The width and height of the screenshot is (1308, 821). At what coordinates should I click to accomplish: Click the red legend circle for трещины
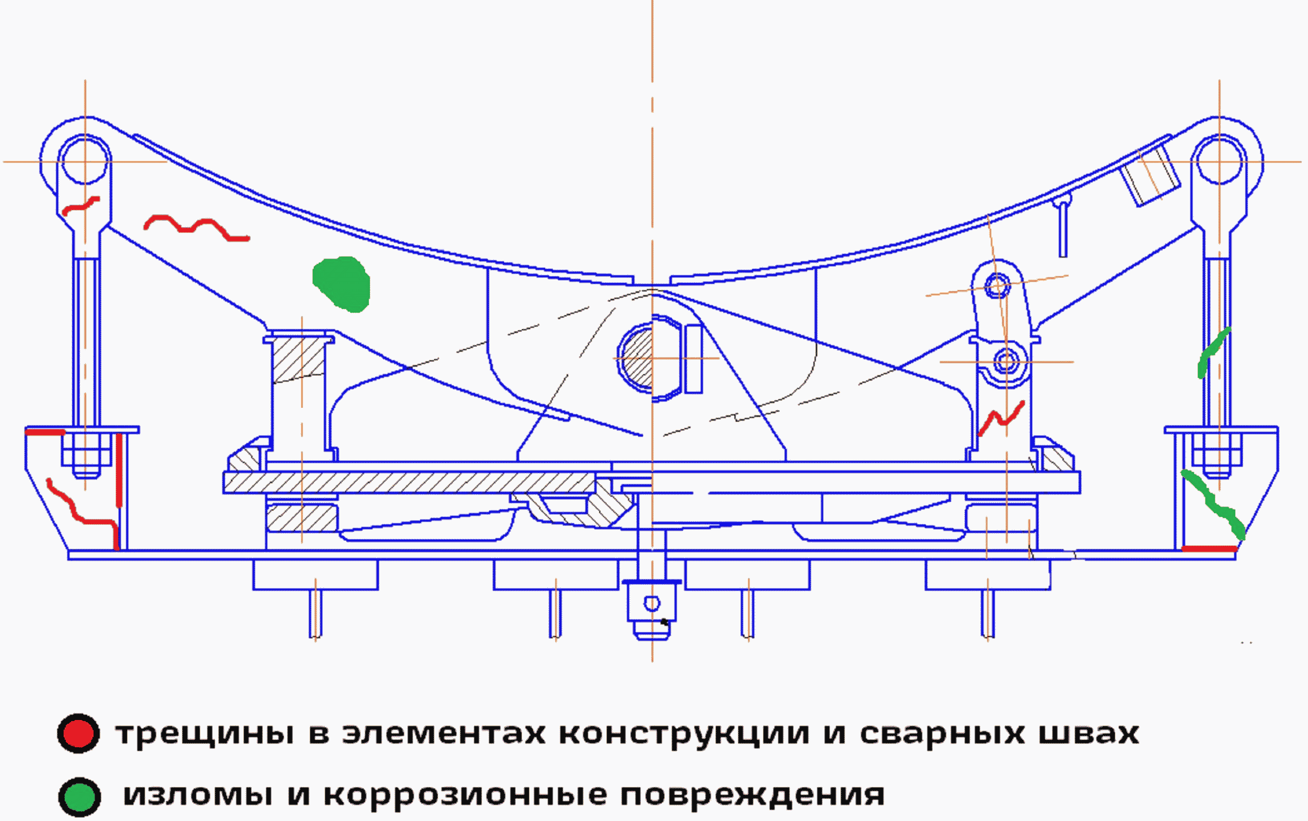pos(78,733)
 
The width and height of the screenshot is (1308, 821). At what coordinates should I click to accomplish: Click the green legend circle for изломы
pos(79,796)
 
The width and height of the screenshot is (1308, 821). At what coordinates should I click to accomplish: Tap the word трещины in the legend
pos(205,734)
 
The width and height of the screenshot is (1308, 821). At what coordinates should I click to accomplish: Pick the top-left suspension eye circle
pos(84,161)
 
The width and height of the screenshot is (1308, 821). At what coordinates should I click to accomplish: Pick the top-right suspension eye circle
pos(1219,161)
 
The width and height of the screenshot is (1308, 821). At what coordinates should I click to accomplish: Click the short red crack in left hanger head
pos(80,206)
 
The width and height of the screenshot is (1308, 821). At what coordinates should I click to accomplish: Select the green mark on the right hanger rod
pos(1212,353)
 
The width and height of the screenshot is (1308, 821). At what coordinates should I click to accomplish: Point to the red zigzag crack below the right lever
pos(1001,418)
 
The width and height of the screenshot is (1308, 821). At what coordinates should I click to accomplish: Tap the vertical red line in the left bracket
pos(119,470)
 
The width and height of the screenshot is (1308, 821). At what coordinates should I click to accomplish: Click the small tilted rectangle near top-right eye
pos(1149,176)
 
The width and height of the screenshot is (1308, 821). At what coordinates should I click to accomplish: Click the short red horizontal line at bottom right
pos(1209,549)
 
